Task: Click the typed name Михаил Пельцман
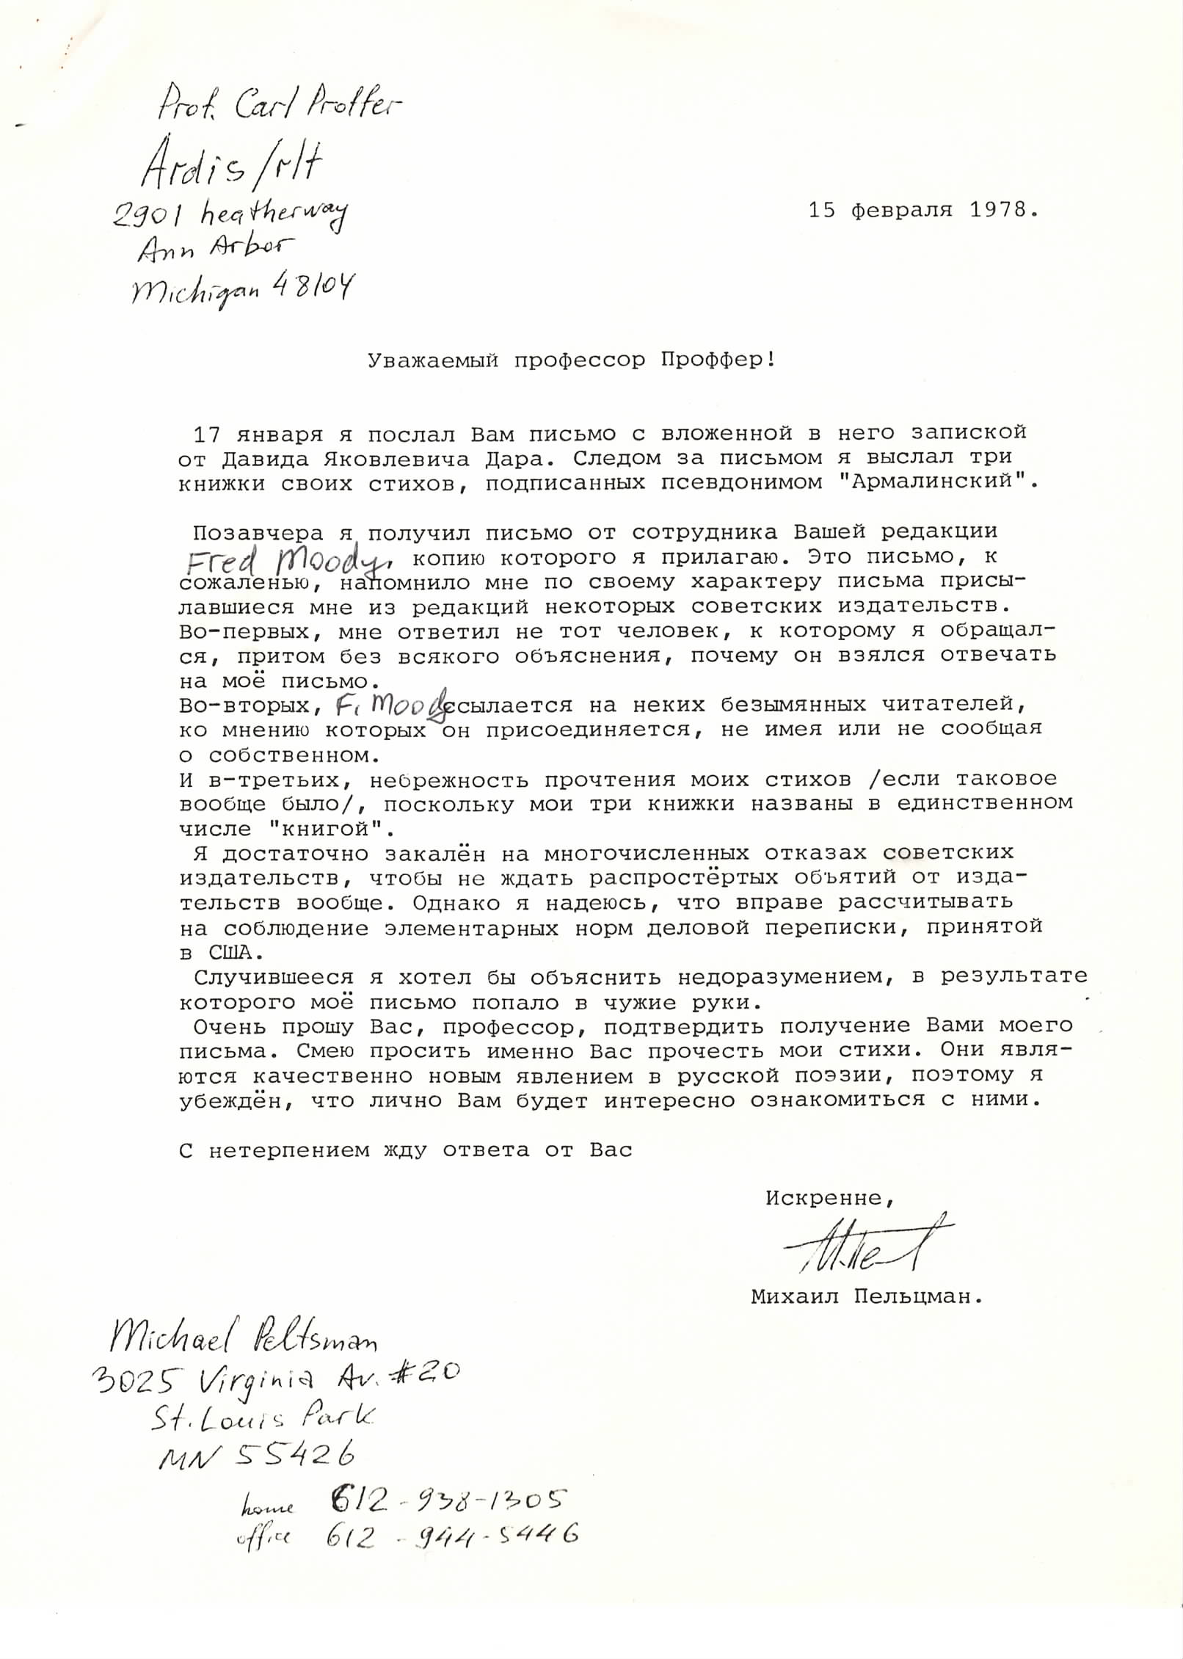(x=865, y=1296)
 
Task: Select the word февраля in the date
(x=902, y=210)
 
